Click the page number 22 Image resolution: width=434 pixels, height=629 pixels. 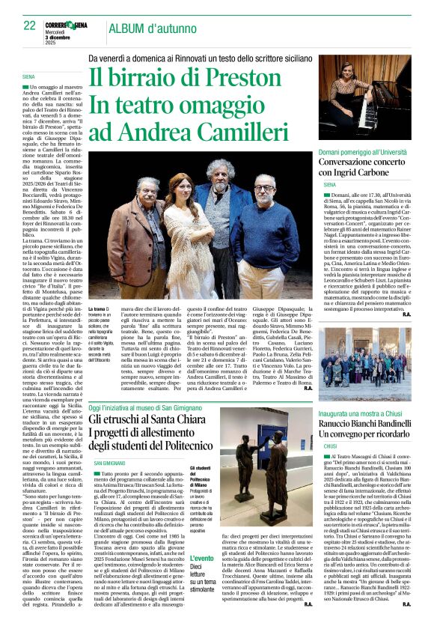coord(29,25)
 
